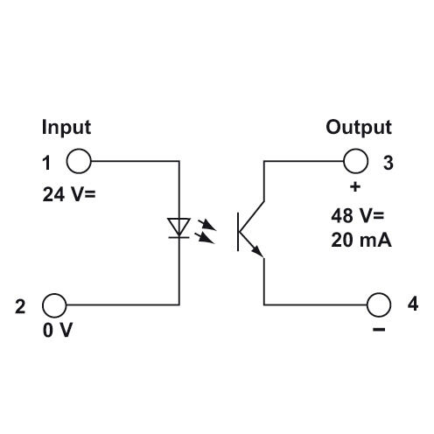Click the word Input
click(x=66, y=128)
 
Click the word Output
click(x=359, y=128)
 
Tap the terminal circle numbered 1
click(x=79, y=161)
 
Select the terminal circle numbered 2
click(x=54, y=305)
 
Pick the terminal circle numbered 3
click(x=355, y=161)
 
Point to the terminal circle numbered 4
click(x=379, y=304)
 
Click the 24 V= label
click(x=69, y=194)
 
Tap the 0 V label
click(x=58, y=330)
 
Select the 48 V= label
click(x=358, y=216)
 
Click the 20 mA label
click(x=361, y=241)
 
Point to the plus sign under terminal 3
click(x=355, y=186)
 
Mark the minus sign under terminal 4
click(x=379, y=330)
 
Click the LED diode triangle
click(x=179, y=227)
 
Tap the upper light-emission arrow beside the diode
click(x=206, y=225)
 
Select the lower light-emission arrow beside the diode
click(x=206, y=238)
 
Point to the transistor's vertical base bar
click(x=238, y=232)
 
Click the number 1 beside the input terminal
click(x=46, y=163)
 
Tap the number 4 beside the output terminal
click(x=413, y=304)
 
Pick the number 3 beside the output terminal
click(x=388, y=163)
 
